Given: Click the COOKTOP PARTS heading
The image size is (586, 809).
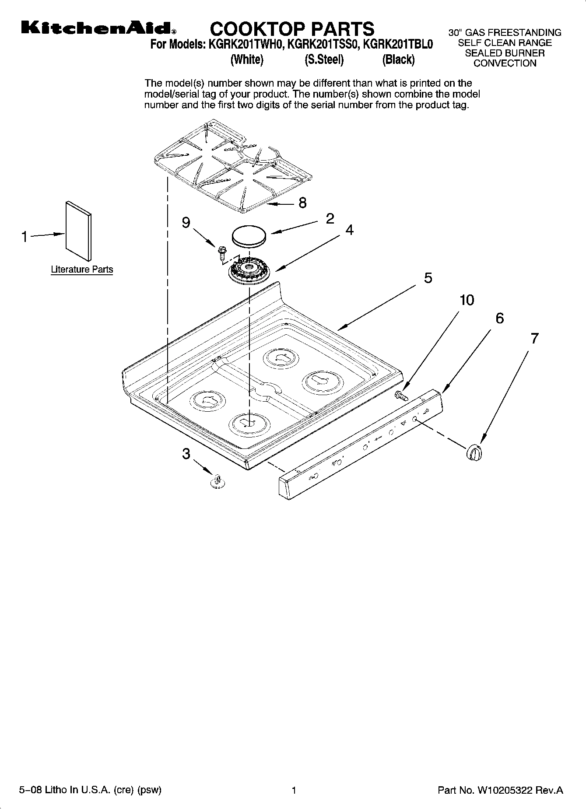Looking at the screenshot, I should (292, 29).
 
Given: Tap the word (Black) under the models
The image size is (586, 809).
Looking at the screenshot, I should (398, 60).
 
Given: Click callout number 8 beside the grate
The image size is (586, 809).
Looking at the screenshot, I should (302, 203).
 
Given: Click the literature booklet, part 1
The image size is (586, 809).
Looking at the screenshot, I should (79, 231).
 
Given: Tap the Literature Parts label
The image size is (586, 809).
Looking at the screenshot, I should (82, 270).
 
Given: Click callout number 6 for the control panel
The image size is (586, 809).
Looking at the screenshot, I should (499, 318).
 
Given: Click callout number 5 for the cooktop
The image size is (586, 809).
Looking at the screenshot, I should (428, 278).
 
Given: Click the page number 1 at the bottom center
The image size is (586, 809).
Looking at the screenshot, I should (294, 790).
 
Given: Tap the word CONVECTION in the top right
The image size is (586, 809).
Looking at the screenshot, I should (505, 63).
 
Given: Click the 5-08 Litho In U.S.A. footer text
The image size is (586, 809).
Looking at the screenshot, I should (90, 790).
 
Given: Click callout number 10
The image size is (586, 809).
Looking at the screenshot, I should (467, 300).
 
